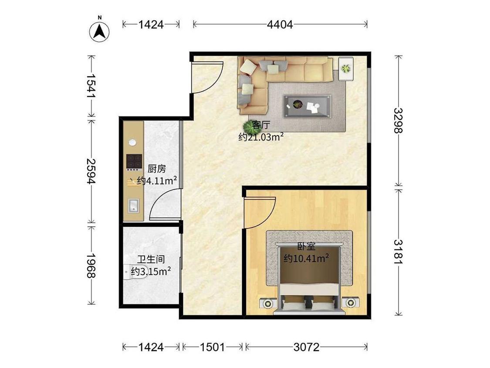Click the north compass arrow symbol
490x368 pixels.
(x=99, y=31)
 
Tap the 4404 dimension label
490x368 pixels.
(x=280, y=24)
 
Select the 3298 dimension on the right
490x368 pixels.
(x=399, y=120)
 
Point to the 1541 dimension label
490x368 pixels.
(x=91, y=85)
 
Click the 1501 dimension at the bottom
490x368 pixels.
(x=212, y=347)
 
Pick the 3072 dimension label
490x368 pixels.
(x=307, y=347)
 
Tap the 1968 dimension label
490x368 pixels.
(x=91, y=266)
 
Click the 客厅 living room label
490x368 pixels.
(x=261, y=125)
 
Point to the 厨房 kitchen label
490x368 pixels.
(x=156, y=169)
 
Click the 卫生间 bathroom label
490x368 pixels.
(x=151, y=259)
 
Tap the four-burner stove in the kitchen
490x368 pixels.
(x=135, y=162)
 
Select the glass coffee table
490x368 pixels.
(x=307, y=106)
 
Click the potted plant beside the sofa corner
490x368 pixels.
(x=250, y=127)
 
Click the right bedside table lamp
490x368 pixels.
(x=350, y=303)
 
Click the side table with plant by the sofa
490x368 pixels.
(x=346, y=68)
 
